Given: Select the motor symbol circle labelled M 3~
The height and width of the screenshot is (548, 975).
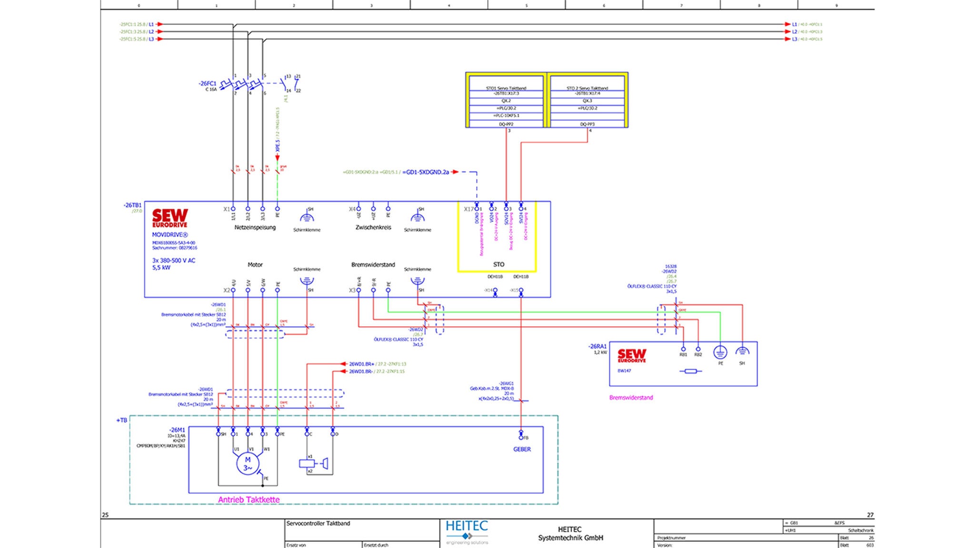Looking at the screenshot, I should (248, 463).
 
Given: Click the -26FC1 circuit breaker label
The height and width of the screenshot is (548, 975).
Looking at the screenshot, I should (208, 84).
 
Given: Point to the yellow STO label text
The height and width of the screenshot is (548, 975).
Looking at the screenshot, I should (498, 264).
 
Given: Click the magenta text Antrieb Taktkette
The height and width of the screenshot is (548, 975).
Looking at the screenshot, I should (249, 499).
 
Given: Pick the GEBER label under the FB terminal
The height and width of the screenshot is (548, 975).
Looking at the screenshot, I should (522, 449).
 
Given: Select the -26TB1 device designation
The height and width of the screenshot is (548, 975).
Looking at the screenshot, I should (133, 205).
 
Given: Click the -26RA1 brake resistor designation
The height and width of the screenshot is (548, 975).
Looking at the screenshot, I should (598, 347).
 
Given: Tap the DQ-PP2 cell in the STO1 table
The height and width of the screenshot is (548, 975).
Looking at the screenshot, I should (506, 124).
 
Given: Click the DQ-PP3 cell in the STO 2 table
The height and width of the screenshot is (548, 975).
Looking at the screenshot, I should (587, 124).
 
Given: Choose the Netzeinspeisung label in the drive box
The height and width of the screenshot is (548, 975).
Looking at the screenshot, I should (255, 227).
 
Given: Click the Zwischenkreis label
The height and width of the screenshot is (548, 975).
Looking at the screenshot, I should (373, 227).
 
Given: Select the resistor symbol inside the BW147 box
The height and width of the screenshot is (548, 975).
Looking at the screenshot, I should (690, 371).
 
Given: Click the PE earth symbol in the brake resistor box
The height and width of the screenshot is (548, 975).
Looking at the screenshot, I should (720, 352).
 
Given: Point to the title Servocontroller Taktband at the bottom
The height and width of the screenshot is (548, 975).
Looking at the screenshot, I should (318, 523).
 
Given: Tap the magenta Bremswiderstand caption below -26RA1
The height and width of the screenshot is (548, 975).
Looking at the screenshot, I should (631, 397).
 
